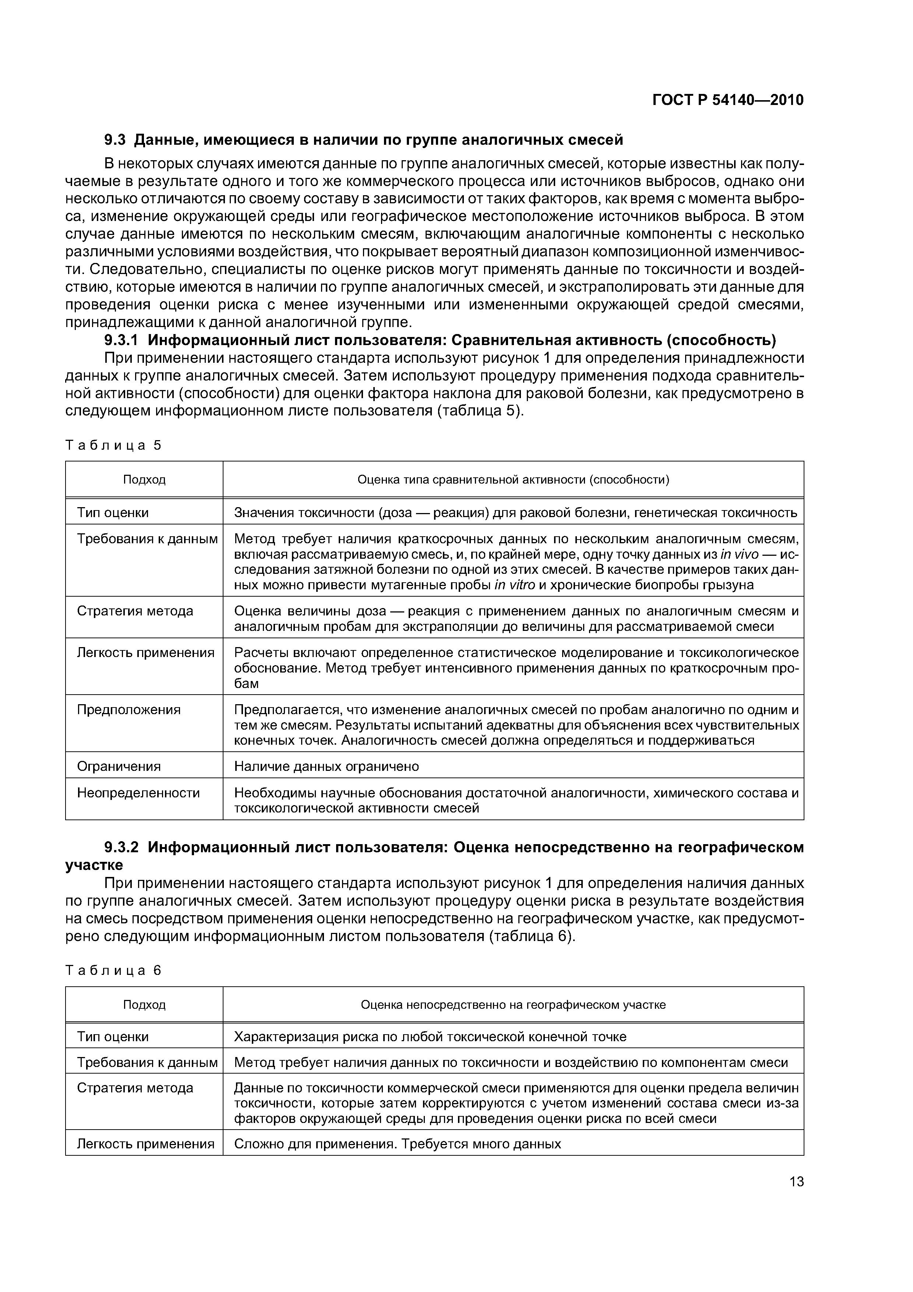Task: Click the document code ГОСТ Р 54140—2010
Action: click(x=727, y=100)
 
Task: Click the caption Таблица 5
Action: click(x=113, y=445)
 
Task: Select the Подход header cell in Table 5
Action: click(x=144, y=480)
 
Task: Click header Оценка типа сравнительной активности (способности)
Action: click(x=513, y=480)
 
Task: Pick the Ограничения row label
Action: click(x=119, y=766)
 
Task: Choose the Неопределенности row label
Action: click(x=138, y=793)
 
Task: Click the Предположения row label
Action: click(x=129, y=710)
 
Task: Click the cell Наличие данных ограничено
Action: click(x=326, y=766)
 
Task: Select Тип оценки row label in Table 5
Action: click(x=113, y=513)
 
